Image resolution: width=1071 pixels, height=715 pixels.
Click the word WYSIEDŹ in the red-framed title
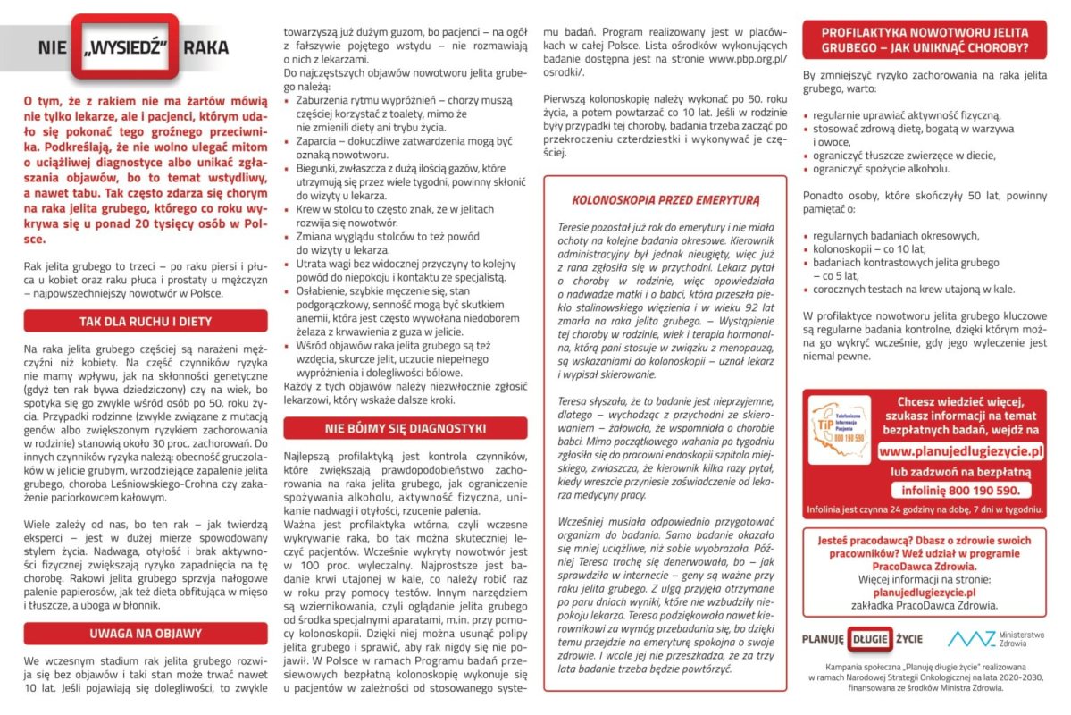[x=124, y=46]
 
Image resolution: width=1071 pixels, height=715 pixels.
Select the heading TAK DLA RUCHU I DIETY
[x=145, y=321]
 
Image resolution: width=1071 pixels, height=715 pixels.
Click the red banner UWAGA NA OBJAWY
[x=145, y=634]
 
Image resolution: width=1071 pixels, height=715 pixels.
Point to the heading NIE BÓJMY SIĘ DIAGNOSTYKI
[x=405, y=428]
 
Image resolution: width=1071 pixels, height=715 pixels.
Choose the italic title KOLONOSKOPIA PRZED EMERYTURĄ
[x=665, y=199]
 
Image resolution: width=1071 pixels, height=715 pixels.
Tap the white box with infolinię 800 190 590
[x=960, y=490]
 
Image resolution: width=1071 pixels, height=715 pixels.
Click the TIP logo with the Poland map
[x=838, y=425]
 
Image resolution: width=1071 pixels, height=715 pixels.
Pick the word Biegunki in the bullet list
[x=319, y=168]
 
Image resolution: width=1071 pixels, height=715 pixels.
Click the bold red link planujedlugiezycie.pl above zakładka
[x=924, y=592]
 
